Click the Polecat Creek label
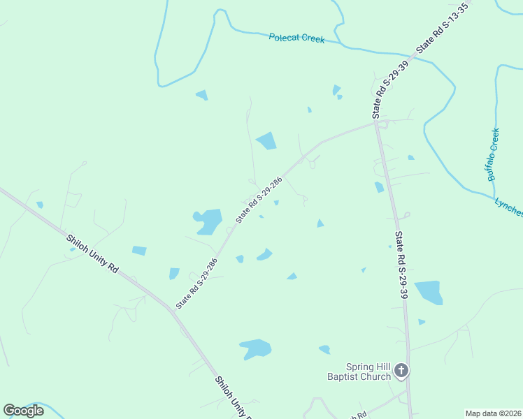click(296, 38)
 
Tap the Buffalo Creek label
click(494, 154)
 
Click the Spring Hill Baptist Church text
click(366, 372)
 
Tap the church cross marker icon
click(401, 370)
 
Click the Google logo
click(24, 411)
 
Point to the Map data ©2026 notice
click(494, 413)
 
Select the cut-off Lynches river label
click(509, 207)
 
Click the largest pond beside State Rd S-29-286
click(208, 221)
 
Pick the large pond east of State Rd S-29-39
click(429, 292)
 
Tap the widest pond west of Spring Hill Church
click(255, 348)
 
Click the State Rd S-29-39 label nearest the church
click(401, 265)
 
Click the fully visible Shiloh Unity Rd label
click(93, 253)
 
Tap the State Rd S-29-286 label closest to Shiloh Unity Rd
click(197, 283)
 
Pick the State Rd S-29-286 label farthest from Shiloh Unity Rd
click(259, 199)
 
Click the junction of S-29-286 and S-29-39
click(376, 124)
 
